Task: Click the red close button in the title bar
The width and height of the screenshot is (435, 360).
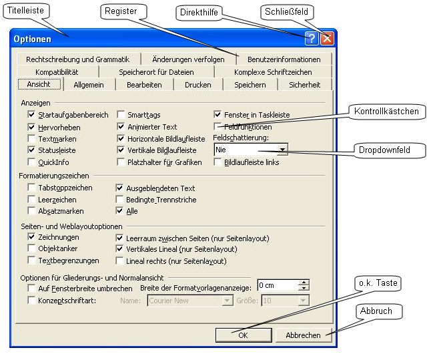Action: coord(326,39)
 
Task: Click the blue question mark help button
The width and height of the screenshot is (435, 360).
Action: coord(312,39)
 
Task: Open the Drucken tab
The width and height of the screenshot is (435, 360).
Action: coord(197,85)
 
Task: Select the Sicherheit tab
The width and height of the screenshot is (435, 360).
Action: coord(304,85)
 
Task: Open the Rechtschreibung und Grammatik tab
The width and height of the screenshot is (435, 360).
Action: coord(77,59)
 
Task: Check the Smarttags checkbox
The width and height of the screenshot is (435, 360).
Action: coord(121,116)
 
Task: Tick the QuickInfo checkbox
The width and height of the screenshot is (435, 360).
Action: coord(32,162)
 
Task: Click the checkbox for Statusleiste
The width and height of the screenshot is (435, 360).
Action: coord(32,150)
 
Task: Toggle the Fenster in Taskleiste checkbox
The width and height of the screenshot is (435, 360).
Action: coord(217,115)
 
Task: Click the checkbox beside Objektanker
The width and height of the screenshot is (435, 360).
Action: coord(32,249)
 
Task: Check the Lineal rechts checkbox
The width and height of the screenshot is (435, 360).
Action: coord(121,261)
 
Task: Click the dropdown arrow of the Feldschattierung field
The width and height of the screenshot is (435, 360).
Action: coord(284,150)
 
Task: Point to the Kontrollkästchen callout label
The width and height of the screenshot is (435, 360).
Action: coord(387,111)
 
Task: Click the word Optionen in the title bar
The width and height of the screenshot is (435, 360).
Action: coord(33,39)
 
